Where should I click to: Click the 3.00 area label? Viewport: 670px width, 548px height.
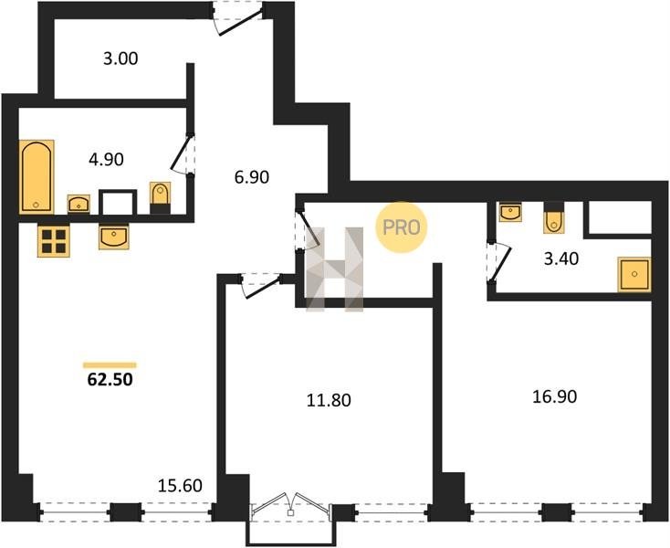point(120,58)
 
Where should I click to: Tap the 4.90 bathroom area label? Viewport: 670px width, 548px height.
point(106,160)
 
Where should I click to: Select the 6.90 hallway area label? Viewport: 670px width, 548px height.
point(252,176)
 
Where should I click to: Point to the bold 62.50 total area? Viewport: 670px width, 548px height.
point(110,380)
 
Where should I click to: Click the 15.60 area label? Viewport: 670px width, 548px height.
point(180,486)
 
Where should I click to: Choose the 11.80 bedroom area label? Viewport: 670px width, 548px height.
point(329,401)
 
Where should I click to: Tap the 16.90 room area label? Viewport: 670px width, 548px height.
point(555,396)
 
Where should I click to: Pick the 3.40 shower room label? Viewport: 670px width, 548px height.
point(561,258)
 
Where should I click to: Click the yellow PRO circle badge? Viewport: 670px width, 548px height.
point(402,227)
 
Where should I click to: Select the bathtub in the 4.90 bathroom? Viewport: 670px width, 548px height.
point(37,176)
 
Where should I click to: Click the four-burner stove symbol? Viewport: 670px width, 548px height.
point(54,241)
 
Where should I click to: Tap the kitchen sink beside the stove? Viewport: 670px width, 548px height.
point(114,237)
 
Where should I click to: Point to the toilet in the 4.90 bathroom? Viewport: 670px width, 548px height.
point(161,198)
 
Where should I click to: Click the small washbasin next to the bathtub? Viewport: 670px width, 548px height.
point(79,204)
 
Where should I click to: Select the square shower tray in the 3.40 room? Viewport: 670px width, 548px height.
point(634,274)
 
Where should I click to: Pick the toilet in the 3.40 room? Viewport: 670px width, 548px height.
point(554,217)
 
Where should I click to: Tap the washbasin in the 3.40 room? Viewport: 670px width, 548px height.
point(510,212)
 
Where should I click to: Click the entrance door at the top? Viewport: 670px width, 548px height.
point(238,20)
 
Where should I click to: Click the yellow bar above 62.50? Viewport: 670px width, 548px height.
point(110,365)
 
